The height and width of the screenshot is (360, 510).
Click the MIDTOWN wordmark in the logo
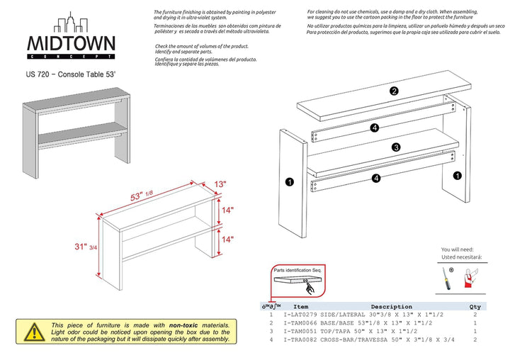[x=71, y=44]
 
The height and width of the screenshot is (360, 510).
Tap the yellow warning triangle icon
[x=32, y=332]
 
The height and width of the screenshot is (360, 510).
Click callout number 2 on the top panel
[x=394, y=91]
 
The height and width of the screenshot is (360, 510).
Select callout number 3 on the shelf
[x=396, y=147]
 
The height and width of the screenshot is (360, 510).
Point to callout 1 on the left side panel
[x=289, y=182]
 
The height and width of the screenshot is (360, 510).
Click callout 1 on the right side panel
[x=458, y=175]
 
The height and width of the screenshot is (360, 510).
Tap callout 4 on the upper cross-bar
[x=375, y=128]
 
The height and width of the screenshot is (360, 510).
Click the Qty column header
[x=474, y=307]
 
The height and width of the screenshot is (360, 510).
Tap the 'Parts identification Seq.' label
[x=299, y=271]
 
